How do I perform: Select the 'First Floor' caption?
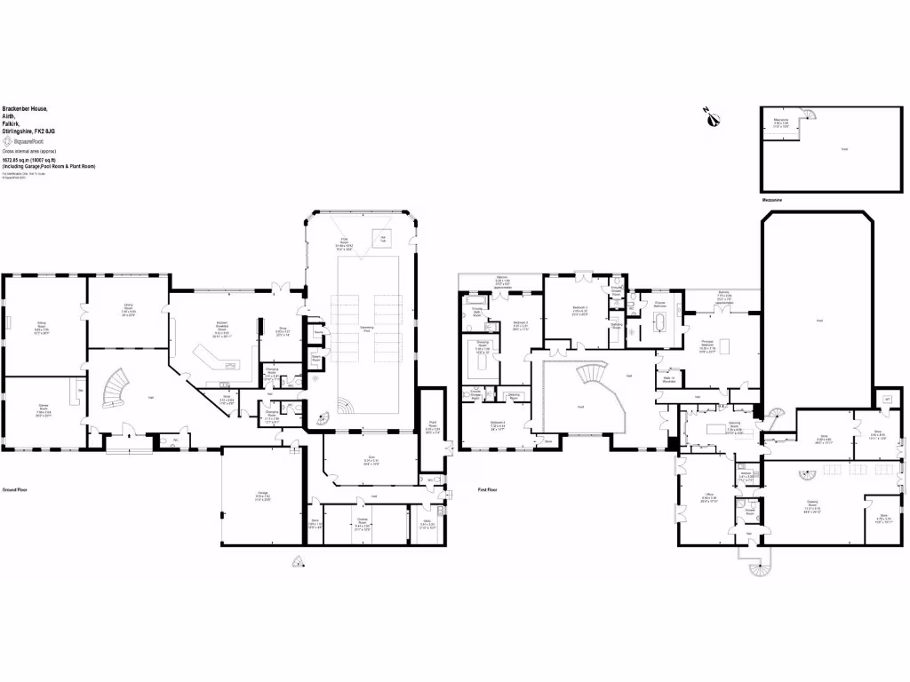click(x=487, y=489)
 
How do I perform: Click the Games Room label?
click(x=44, y=410)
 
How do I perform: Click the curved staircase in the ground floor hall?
click(x=116, y=388)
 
